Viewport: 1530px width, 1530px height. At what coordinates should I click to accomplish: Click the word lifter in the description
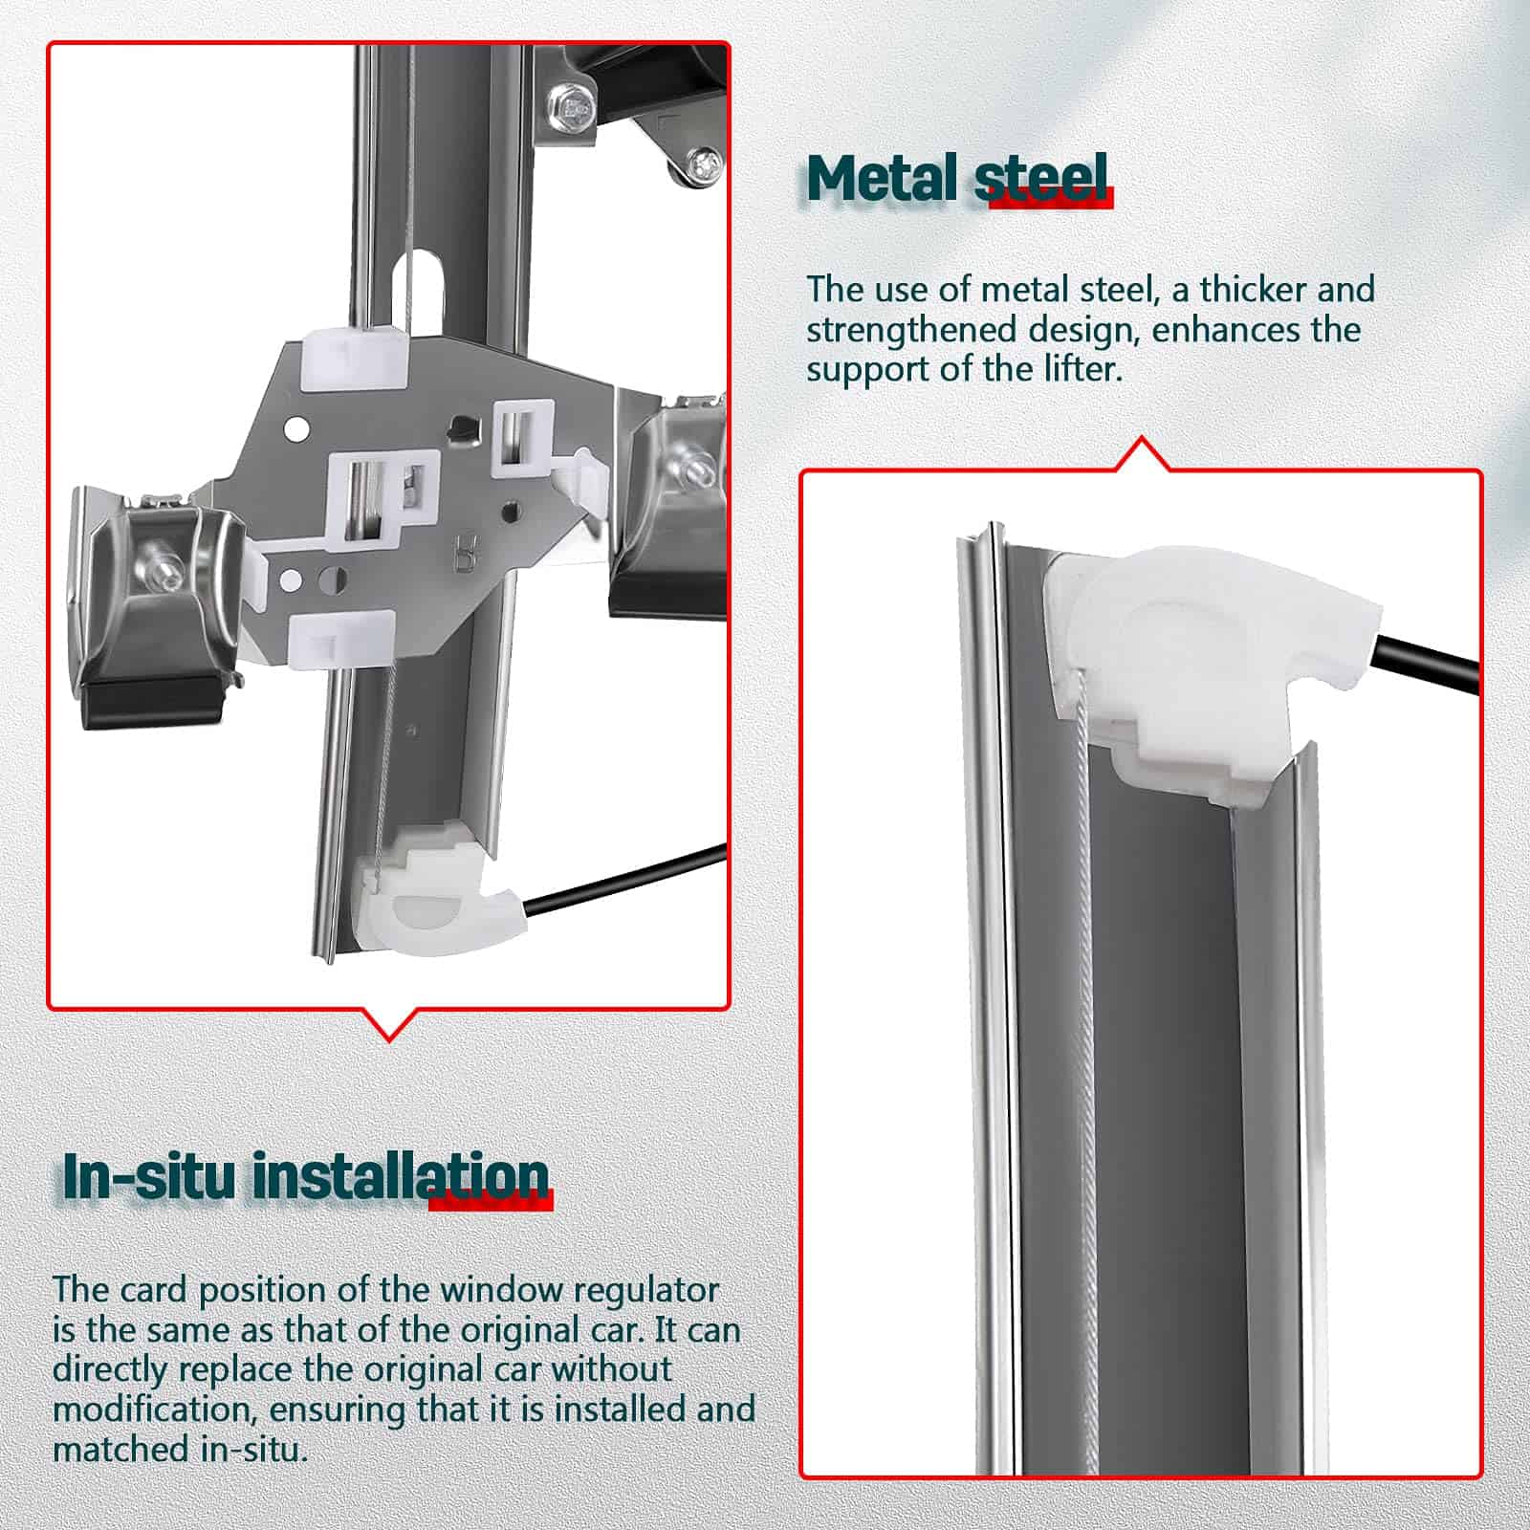1083,369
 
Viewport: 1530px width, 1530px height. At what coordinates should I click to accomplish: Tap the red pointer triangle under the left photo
390,1023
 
